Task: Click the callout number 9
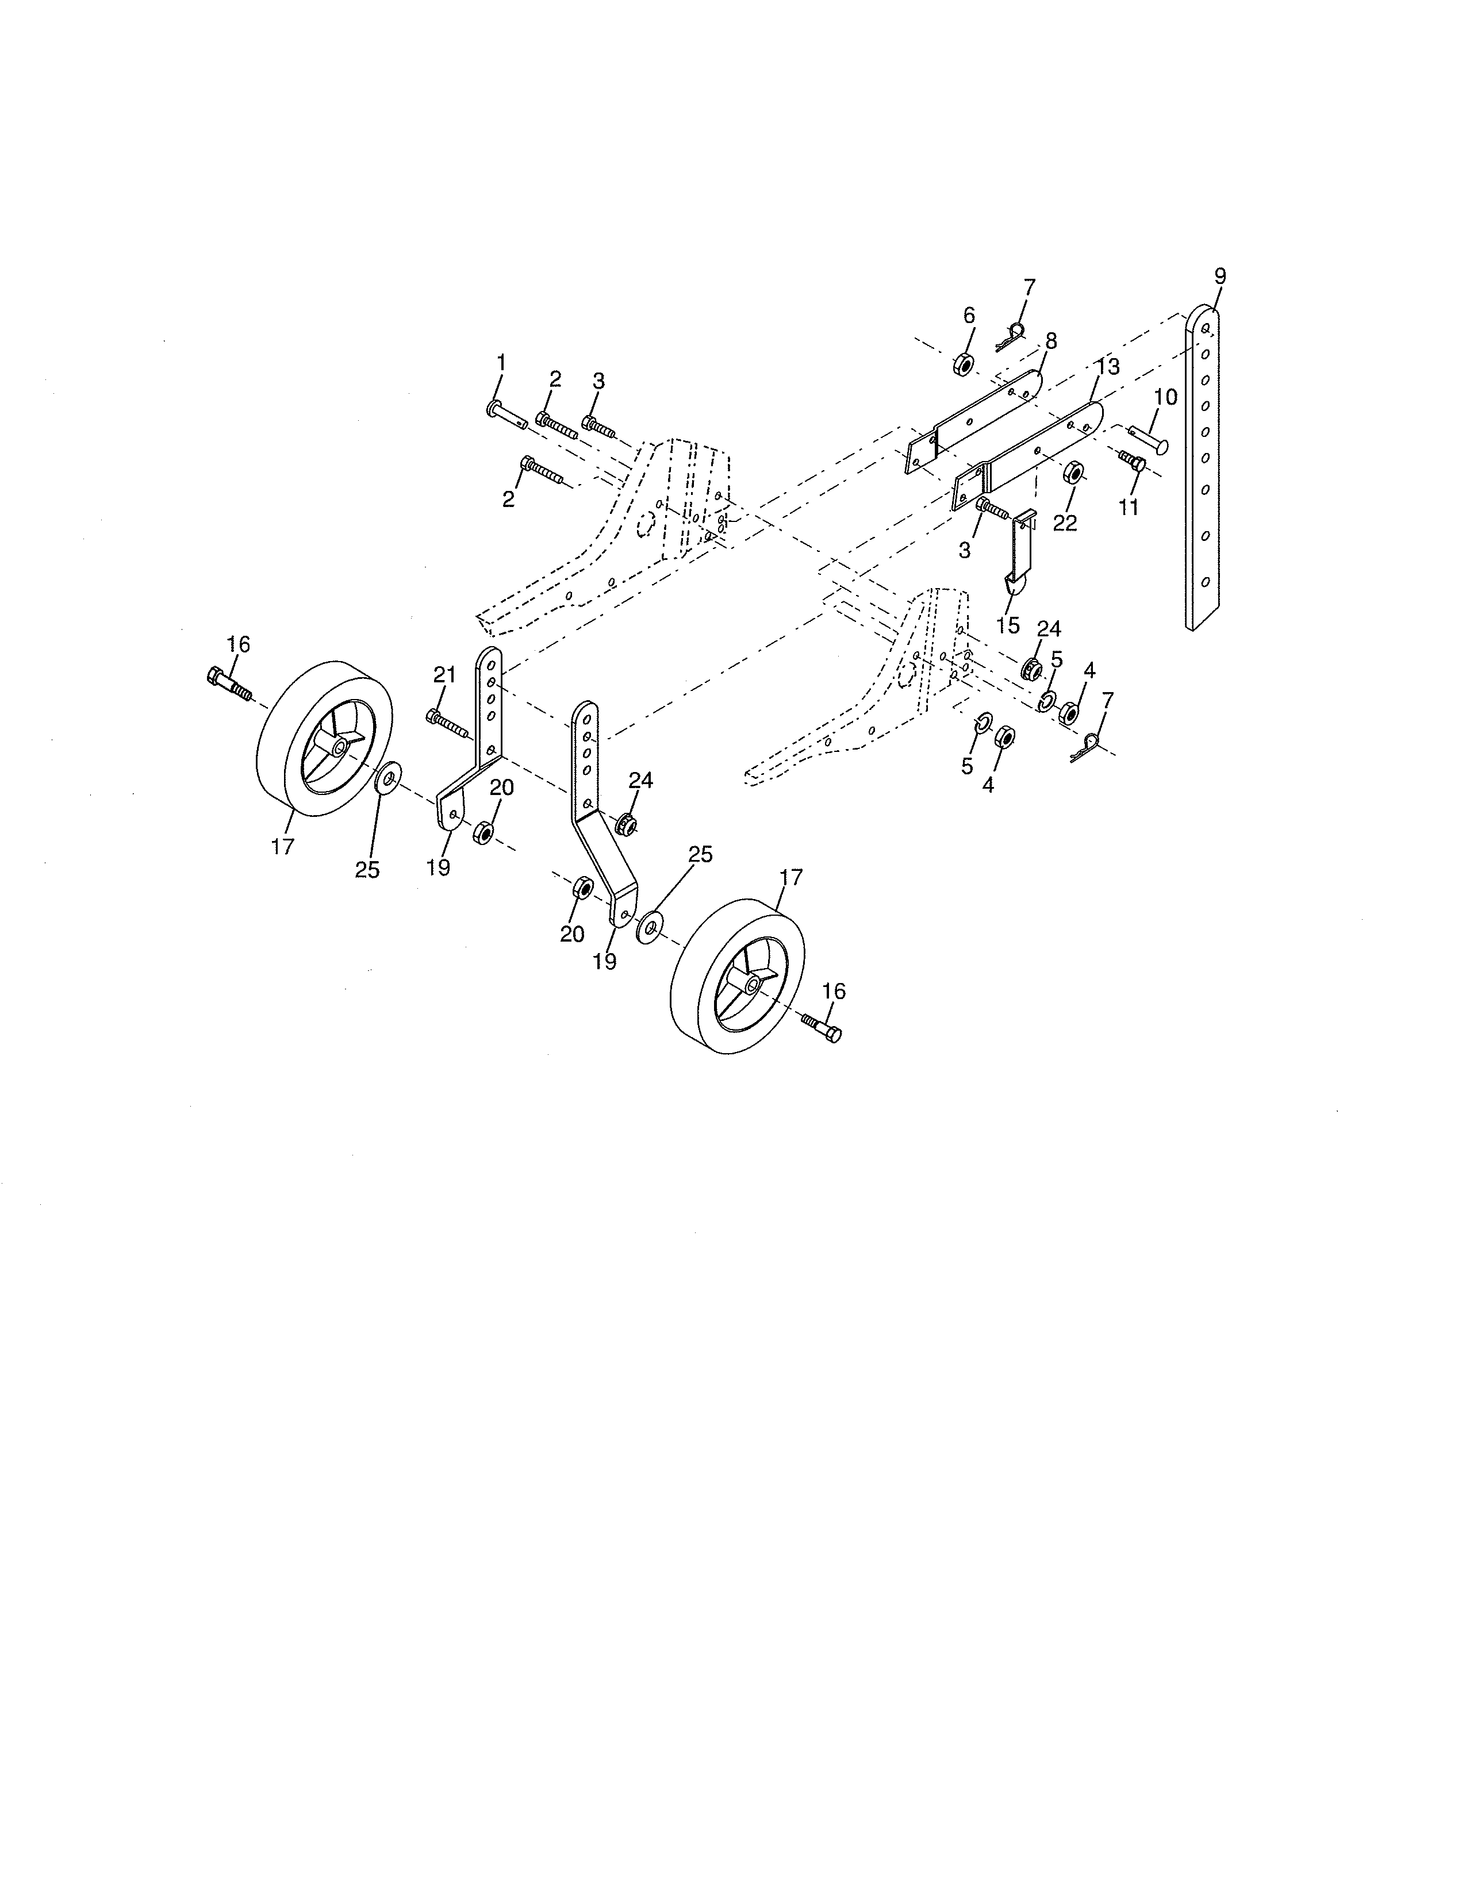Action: (x=1220, y=277)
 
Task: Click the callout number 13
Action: (x=1107, y=367)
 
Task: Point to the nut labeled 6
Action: (x=963, y=364)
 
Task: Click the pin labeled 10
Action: (x=1149, y=439)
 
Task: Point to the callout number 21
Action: (x=444, y=675)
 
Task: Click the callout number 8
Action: (x=1051, y=341)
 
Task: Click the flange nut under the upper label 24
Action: (x=1031, y=669)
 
